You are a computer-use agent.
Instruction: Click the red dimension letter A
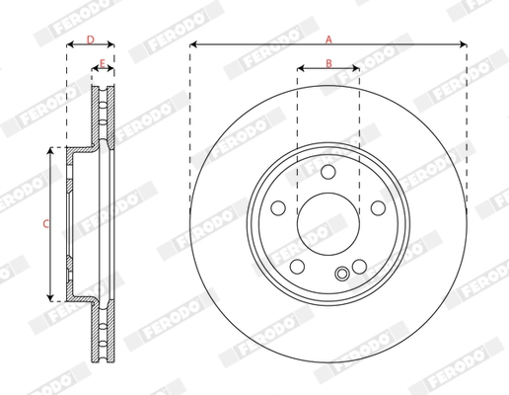pos(328,39)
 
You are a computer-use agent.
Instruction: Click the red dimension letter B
pos(328,63)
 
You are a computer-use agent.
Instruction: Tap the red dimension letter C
pos(46,224)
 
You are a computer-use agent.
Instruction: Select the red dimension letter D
pos(91,39)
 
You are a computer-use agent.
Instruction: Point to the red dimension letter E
pos(103,63)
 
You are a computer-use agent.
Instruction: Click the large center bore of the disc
pos(328,224)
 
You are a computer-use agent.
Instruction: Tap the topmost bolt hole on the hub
pos(328,172)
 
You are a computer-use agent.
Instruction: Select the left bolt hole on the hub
pos(278,208)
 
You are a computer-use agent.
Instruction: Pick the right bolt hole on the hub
pos(378,208)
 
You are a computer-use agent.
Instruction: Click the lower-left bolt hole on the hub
pos(297,267)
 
